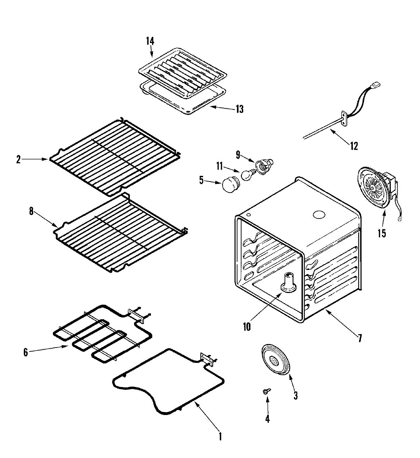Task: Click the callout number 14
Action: pos(149,41)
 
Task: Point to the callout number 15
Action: pos(381,233)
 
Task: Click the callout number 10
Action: pos(246,327)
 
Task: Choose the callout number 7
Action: pos(360,338)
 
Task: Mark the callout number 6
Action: pos(25,352)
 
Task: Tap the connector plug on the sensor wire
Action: pos(377,85)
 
